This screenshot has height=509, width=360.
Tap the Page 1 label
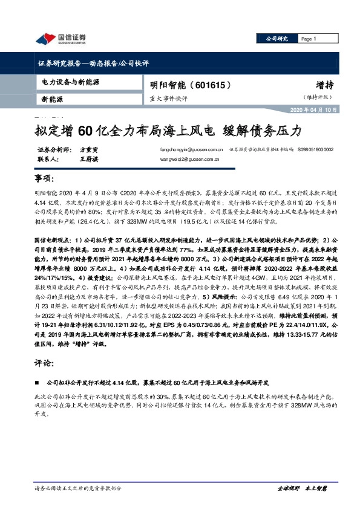click(309, 39)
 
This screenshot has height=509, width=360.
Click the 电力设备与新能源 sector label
click(71, 80)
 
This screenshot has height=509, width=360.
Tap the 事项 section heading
click(44, 180)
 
